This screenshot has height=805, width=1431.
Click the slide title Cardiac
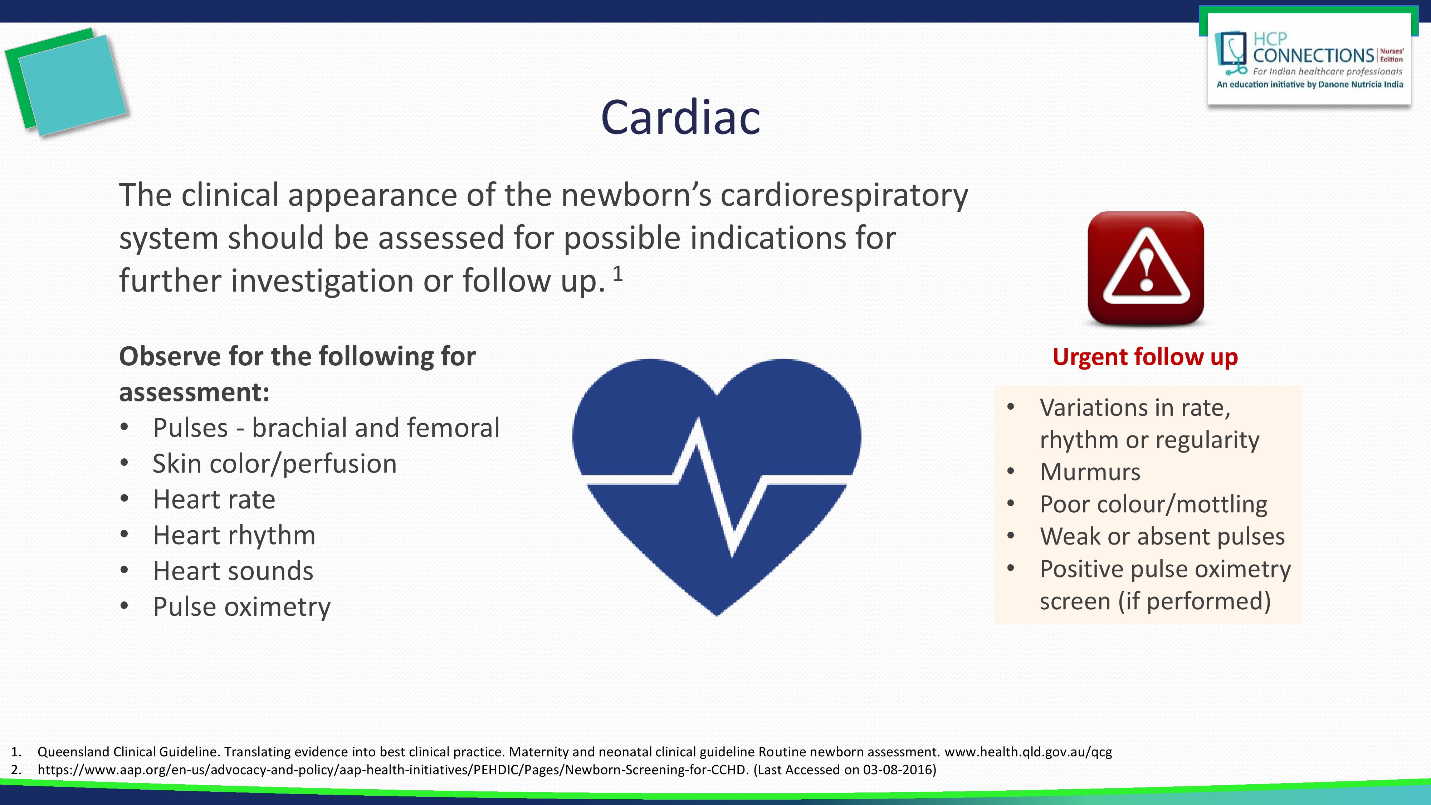point(680,117)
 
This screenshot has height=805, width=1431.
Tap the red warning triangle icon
point(1146,267)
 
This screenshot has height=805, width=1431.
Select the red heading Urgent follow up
point(1145,357)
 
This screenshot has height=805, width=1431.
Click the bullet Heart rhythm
point(234,535)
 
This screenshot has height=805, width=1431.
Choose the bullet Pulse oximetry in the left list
point(241,607)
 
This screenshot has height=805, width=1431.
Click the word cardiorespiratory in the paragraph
point(844,196)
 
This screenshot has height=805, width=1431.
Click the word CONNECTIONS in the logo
point(1313,55)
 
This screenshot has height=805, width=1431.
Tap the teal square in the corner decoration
point(73,85)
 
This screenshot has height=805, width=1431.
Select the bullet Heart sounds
point(233,571)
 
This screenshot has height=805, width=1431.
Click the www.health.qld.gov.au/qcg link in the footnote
point(1028,752)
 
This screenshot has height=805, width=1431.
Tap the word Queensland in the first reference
point(74,752)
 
